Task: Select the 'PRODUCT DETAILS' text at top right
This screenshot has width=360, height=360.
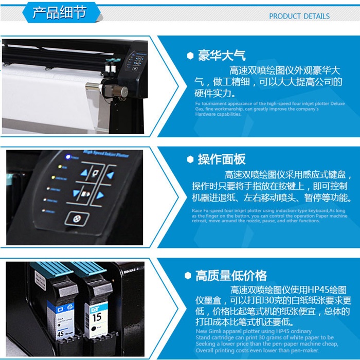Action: (299, 16)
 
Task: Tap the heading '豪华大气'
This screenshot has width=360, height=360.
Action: (222, 56)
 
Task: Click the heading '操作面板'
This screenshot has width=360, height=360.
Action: (222, 159)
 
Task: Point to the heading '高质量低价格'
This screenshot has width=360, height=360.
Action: (231, 276)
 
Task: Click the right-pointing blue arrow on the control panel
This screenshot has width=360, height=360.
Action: (101, 195)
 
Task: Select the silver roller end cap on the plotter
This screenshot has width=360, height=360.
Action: (123, 92)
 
